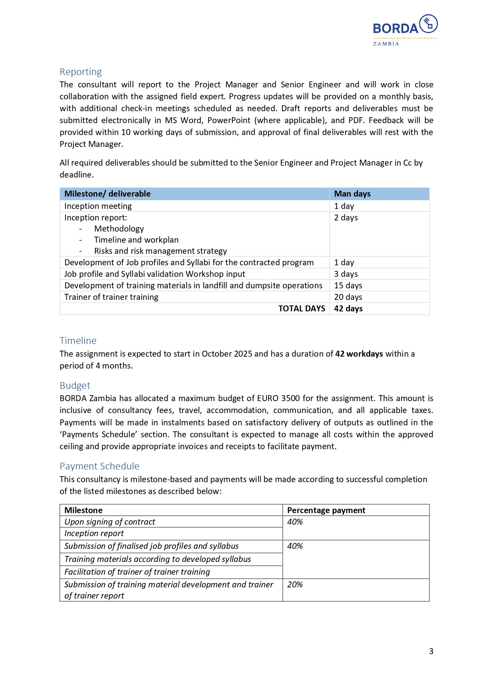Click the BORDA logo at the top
pyautogui.click(x=404, y=30)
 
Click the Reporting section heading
pyautogui.click(x=81, y=72)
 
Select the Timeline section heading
pyautogui.click(x=78, y=341)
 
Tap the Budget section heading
pyautogui.click(x=75, y=386)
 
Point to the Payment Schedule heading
pyautogui.click(x=99, y=466)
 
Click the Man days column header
pyautogui.click(x=352, y=194)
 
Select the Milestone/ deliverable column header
pyautogui.click(x=107, y=194)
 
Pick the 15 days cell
pyautogui.click(x=348, y=286)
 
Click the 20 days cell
pyautogui.click(x=348, y=297)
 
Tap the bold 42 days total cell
pyautogui.click(x=348, y=309)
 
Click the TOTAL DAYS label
pyautogui.click(x=302, y=309)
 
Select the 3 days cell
pyautogui.click(x=346, y=274)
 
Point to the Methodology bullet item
pyautogui.click(x=119, y=229)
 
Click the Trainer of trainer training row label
pyautogui.click(x=111, y=297)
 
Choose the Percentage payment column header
pyautogui.click(x=326, y=510)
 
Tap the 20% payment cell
pyautogui.click(x=295, y=585)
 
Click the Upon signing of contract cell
pyautogui.click(x=110, y=522)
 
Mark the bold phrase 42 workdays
pyautogui.click(x=359, y=354)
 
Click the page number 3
pyautogui.click(x=431, y=651)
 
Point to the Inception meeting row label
pyautogui.click(x=98, y=206)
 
